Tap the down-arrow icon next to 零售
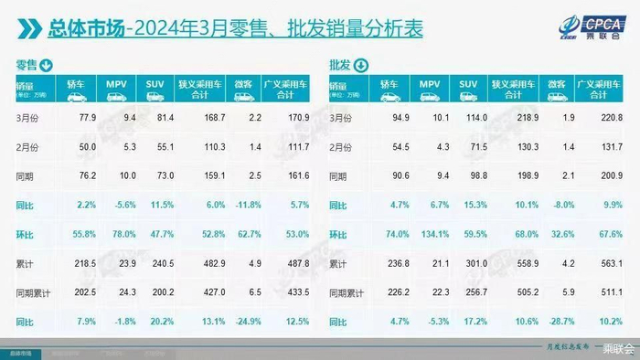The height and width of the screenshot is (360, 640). pyautogui.click(x=46, y=66)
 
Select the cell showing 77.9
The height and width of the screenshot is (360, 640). pyautogui.click(x=88, y=117)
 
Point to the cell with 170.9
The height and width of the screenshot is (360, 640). pyautogui.click(x=295, y=117)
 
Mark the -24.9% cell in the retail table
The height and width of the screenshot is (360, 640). pyautogui.click(x=243, y=321)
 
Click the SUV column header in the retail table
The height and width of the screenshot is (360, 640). pyautogui.click(x=154, y=88)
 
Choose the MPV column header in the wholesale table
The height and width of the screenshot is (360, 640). pyautogui.click(x=430, y=88)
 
